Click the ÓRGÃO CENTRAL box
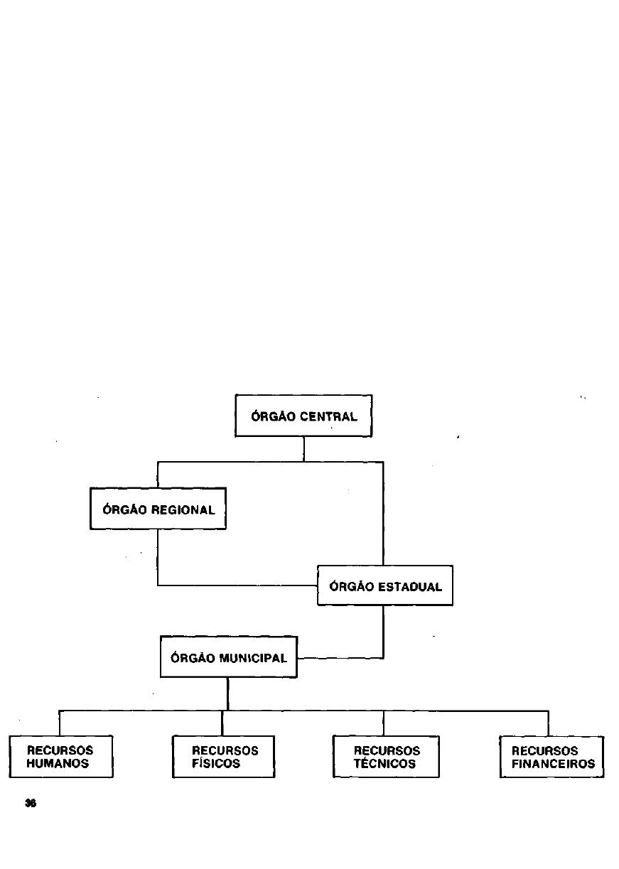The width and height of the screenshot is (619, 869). click(x=303, y=416)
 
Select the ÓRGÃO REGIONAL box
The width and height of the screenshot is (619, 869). click(x=158, y=509)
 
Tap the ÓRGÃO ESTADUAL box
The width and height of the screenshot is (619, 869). click(x=384, y=585)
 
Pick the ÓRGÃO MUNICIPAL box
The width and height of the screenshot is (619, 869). click(x=228, y=657)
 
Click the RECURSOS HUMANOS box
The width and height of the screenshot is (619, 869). click(x=61, y=757)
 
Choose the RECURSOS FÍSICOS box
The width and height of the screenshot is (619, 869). click(x=223, y=757)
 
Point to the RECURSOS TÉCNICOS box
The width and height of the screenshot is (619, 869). click(x=386, y=757)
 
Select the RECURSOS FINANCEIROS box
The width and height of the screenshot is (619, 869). click(x=551, y=757)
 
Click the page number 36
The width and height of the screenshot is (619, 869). click(x=30, y=803)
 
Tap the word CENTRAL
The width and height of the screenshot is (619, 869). click(x=328, y=417)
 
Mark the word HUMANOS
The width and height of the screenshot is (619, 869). click(x=58, y=764)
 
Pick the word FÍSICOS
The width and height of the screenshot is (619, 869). click(x=216, y=764)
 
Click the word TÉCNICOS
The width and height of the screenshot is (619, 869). click(x=384, y=764)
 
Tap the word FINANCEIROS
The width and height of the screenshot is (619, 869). click(x=553, y=764)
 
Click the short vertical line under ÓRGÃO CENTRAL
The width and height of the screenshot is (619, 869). click(x=304, y=449)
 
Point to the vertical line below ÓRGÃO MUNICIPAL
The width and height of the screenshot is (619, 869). click(x=227, y=693)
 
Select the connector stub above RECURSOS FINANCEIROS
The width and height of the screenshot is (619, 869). click(x=548, y=723)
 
